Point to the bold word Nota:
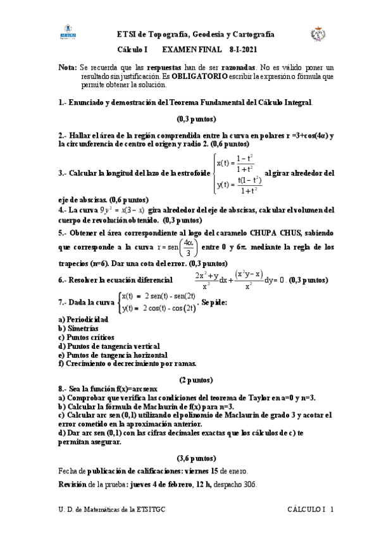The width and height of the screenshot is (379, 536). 66,66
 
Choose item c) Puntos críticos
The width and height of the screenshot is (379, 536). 86,338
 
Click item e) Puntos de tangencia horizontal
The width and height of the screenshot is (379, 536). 110,355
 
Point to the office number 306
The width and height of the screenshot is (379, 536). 247,485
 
